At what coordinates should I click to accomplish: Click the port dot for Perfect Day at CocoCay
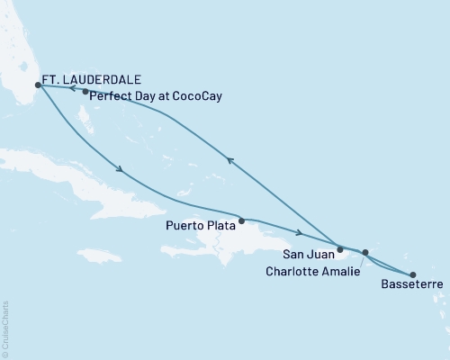tap(85, 92)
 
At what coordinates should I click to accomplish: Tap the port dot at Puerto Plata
tap(241, 219)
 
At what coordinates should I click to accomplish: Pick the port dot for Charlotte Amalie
tap(365, 253)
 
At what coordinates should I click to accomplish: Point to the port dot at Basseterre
tap(413, 274)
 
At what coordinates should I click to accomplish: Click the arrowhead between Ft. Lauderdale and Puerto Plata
tap(119, 168)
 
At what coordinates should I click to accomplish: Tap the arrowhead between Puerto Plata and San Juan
tap(298, 232)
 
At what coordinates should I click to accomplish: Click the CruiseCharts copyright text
tap(5, 325)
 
